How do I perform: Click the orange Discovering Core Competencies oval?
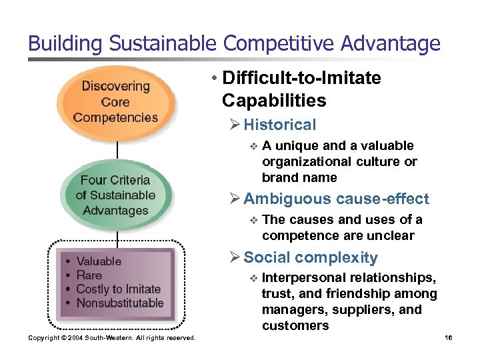pos(116,102)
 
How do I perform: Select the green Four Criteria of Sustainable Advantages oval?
pos(116,195)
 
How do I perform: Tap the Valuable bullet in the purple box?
pos(99,261)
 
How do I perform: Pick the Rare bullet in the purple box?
pos(89,275)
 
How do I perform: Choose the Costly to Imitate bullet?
pos(119,289)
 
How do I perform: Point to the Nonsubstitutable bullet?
pos(120,303)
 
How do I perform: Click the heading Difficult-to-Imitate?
pos(301,79)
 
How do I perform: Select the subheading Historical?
pos(279,125)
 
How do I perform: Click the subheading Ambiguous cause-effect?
pos(336,199)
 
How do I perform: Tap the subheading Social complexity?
pos(311,258)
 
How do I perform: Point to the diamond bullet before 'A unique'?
pos(253,146)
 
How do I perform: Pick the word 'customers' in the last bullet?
pos(295,326)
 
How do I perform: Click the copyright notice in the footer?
pos(112,338)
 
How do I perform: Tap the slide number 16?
pos(448,338)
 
